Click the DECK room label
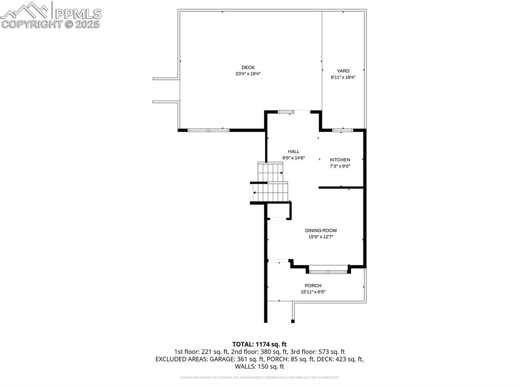(248, 67)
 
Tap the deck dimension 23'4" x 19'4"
(248, 74)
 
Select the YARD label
(343, 71)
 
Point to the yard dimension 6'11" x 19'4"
(343, 77)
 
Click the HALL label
(293, 151)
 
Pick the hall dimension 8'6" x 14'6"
(293, 158)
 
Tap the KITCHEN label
(340, 160)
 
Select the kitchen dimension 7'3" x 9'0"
(340, 166)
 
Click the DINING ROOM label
(321, 231)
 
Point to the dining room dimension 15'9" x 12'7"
(321, 237)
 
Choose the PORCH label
(313, 285)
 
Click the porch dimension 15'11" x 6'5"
(313, 292)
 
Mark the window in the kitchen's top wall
(343, 130)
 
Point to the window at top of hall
(286, 111)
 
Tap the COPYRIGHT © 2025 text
(51, 24)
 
